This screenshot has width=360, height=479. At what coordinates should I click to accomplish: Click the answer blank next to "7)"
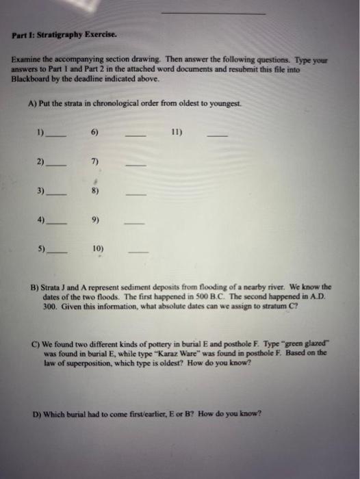(x=136, y=165)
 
